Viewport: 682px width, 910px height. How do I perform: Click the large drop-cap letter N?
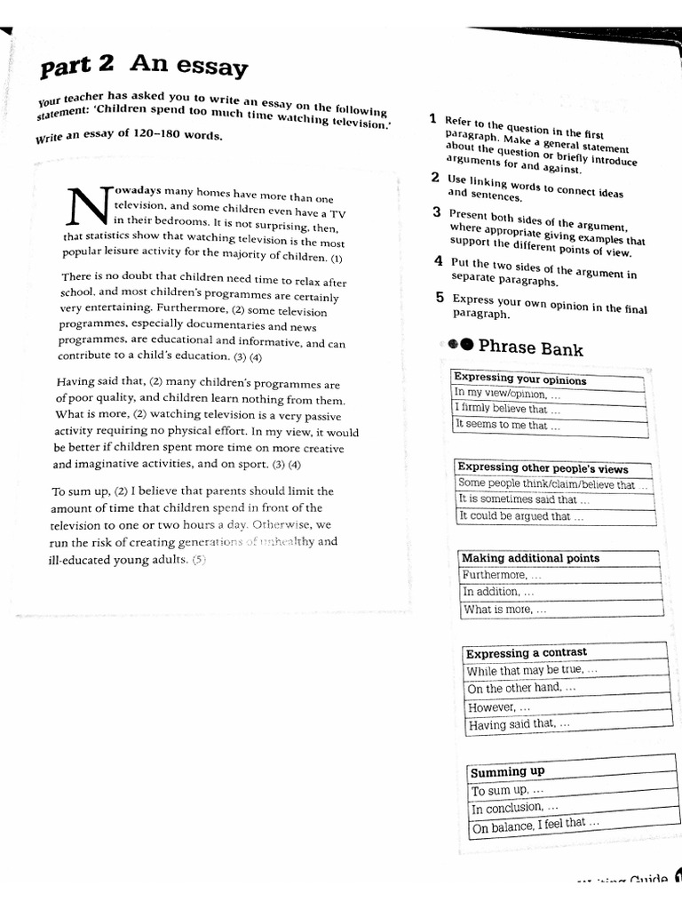(86, 206)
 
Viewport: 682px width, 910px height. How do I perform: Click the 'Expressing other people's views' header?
(543, 468)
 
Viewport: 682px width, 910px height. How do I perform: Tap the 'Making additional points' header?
(531, 558)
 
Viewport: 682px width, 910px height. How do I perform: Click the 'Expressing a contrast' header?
(527, 653)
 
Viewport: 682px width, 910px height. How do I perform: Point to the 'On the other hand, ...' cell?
(522, 688)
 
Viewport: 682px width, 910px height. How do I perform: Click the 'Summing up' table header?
(507, 771)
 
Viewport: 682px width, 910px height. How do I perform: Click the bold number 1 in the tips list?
(432, 118)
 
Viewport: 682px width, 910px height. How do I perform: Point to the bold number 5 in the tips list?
(440, 298)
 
